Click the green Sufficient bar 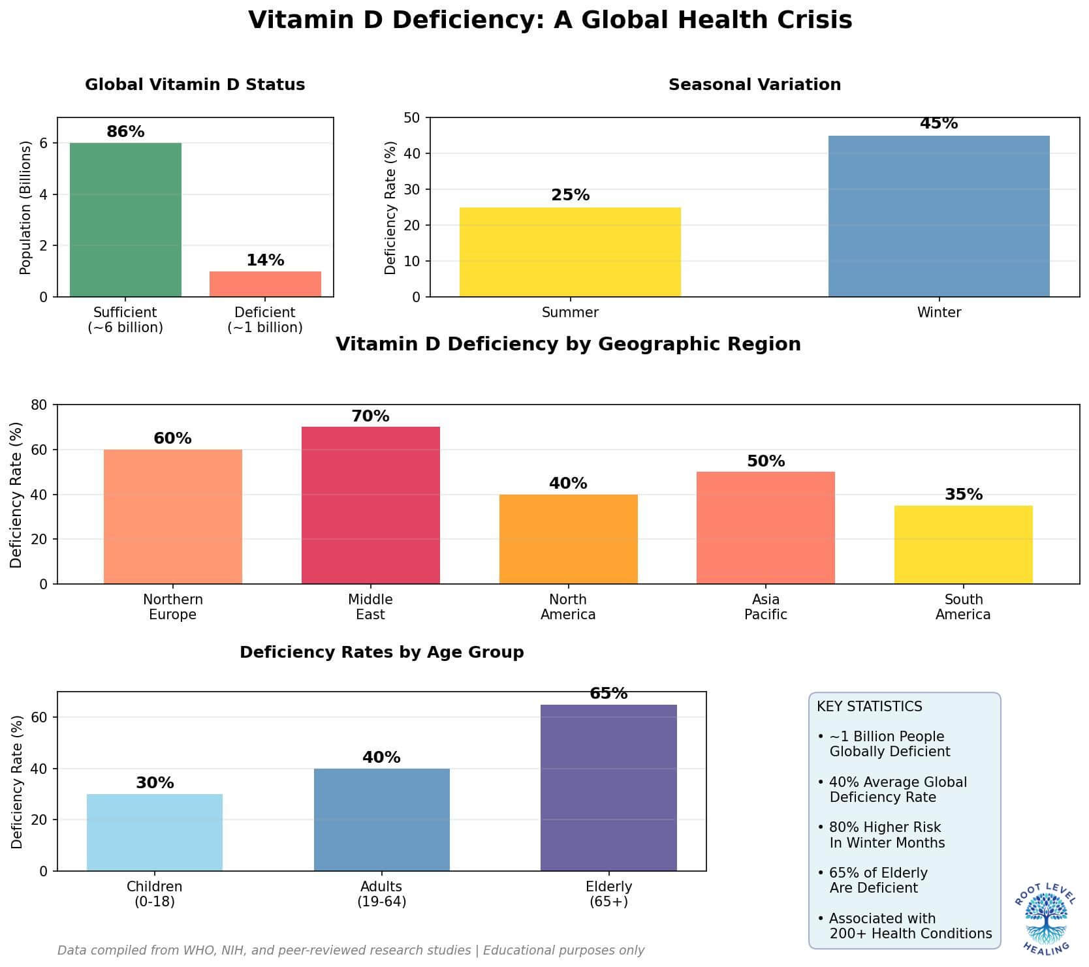(125, 220)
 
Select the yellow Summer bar (570, 253)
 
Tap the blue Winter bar (938, 217)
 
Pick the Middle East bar (370, 505)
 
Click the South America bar (963, 545)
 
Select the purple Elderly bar (608, 788)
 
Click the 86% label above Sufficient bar (125, 132)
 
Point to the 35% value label (963, 495)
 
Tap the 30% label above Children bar (155, 783)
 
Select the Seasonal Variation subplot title (754, 85)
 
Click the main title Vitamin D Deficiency (550, 20)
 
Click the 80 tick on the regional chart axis (39, 405)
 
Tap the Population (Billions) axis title (25, 207)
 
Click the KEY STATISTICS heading (869, 707)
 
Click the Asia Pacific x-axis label (765, 607)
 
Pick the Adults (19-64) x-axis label (381, 894)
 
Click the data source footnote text (351, 951)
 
